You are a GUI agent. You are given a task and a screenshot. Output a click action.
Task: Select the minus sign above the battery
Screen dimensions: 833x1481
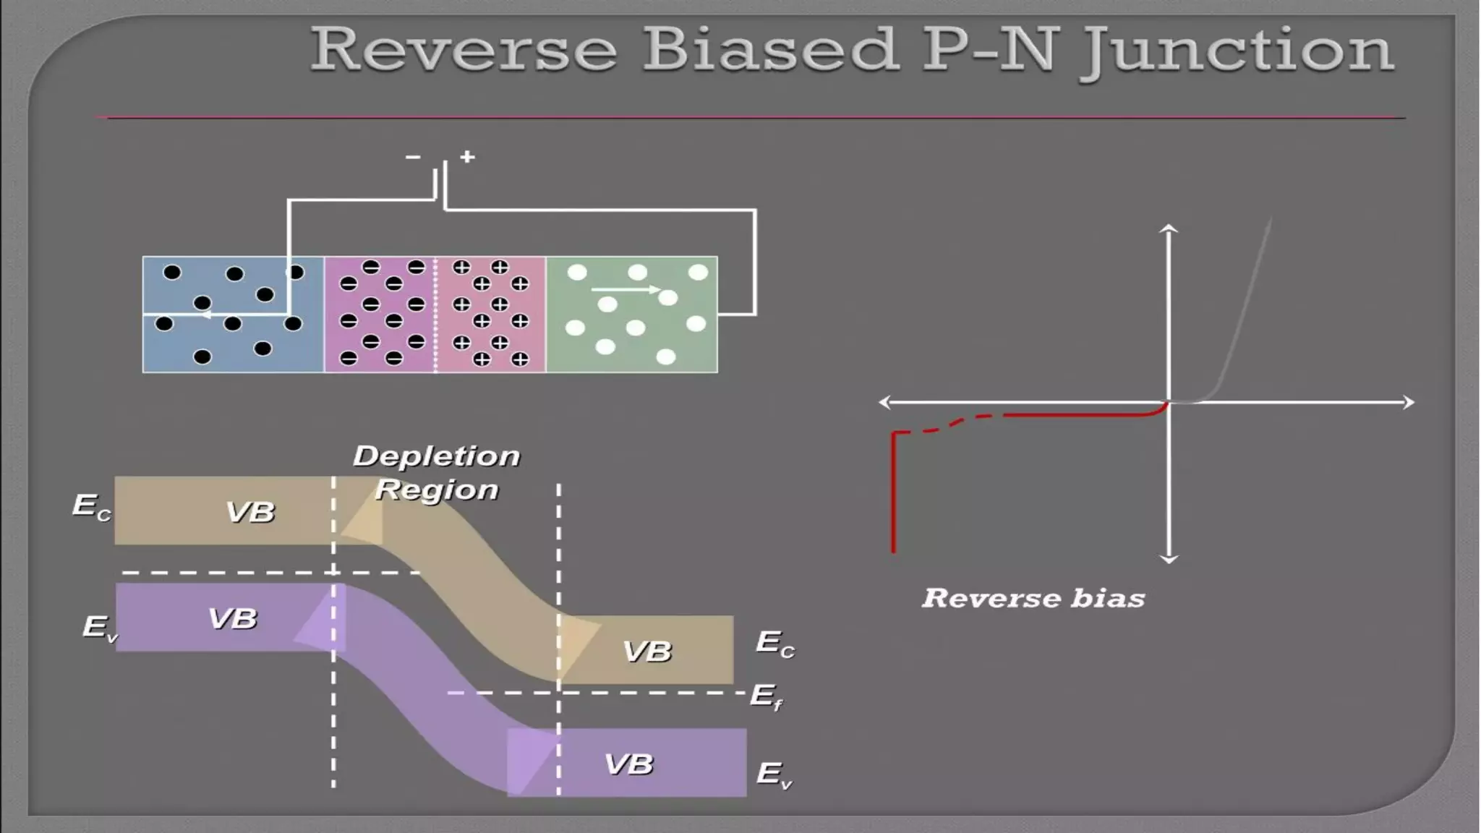(413, 156)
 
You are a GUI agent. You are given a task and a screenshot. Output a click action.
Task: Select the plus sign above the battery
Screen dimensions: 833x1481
(467, 156)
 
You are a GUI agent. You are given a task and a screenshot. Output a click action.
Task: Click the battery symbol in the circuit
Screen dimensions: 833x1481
(440, 181)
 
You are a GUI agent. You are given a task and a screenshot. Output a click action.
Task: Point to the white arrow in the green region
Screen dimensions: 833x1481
(626, 290)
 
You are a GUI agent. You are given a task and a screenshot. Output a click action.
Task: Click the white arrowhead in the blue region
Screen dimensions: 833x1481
(205, 315)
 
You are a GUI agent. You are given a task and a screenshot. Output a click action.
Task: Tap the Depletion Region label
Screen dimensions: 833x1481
(437, 472)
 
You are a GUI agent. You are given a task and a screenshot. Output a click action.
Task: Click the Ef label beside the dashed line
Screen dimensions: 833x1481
(766, 696)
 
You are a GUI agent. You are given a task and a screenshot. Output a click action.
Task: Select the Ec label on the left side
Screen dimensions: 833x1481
(91, 506)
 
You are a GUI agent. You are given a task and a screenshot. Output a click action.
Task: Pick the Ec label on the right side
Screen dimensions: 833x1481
(774, 643)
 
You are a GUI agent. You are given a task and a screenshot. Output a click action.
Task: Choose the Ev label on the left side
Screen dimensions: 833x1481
(100, 627)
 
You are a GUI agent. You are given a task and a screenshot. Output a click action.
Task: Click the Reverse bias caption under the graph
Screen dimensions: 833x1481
(1033, 598)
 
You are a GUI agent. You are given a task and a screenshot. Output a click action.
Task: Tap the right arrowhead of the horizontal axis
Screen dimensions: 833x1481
(1409, 402)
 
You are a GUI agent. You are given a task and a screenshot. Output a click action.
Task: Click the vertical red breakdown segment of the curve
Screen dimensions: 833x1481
(894, 492)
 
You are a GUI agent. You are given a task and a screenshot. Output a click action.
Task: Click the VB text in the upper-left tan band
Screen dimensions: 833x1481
(250, 512)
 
